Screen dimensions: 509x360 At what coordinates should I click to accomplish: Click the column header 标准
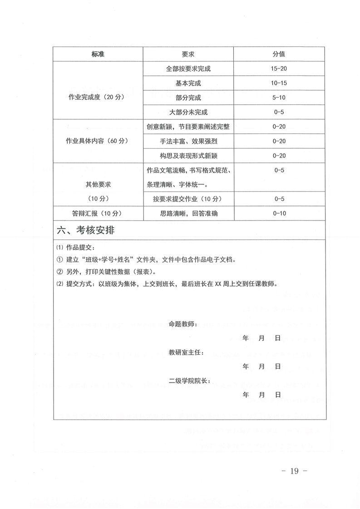click(x=98, y=54)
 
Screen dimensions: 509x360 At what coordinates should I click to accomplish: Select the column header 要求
click(x=188, y=54)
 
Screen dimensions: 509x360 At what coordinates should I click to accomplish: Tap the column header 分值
click(x=279, y=54)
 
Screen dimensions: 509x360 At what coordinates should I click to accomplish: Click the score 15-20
click(x=279, y=69)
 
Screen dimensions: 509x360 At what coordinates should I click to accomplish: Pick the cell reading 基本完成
click(x=188, y=83)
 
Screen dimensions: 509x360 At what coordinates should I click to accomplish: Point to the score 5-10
click(x=279, y=98)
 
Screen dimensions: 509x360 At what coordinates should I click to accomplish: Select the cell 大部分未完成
click(x=188, y=112)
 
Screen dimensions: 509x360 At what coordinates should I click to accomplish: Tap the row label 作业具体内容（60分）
click(x=97, y=141)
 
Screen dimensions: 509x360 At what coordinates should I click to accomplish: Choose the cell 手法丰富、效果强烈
click(x=188, y=141)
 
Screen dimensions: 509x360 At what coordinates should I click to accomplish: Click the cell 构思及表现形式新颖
click(x=188, y=156)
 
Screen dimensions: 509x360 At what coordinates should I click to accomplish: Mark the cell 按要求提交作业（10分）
click(x=188, y=199)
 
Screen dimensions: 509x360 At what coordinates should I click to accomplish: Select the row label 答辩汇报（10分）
click(x=97, y=213)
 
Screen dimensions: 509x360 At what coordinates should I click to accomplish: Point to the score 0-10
click(x=279, y=213)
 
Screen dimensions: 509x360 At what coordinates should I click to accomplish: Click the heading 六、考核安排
click(x=86, y=230)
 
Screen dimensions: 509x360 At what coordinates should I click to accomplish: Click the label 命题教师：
click(x=183, y=324)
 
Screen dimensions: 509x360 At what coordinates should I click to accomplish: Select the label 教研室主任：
click(x=186, y=352)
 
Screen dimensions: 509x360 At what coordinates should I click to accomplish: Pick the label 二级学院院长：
click(x=189, y=381)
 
